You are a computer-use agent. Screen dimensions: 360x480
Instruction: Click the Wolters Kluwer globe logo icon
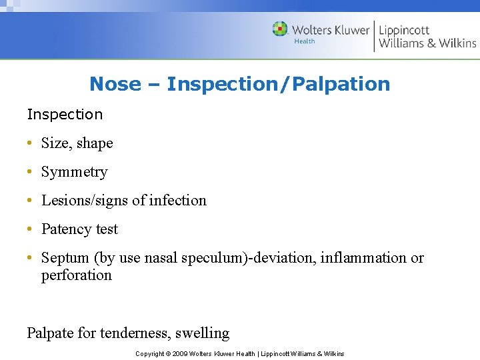(280, 29)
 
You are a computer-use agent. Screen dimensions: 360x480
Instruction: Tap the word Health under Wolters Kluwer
(305, 41)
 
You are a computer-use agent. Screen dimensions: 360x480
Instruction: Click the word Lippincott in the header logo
(403, 30)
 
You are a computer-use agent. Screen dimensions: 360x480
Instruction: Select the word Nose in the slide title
(115, 84)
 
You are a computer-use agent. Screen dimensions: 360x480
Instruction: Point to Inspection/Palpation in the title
(278, 84)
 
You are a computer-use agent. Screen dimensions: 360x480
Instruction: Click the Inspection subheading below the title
(65, 114)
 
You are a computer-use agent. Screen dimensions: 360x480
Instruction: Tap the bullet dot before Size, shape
(31, 143)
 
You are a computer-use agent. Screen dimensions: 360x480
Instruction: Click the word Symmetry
(74, 172)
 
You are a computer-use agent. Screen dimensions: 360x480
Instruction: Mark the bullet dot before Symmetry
(31, 172)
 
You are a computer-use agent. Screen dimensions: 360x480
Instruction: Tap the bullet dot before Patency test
(31, 229)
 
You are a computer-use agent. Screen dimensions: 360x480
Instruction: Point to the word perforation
(76, 275)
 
